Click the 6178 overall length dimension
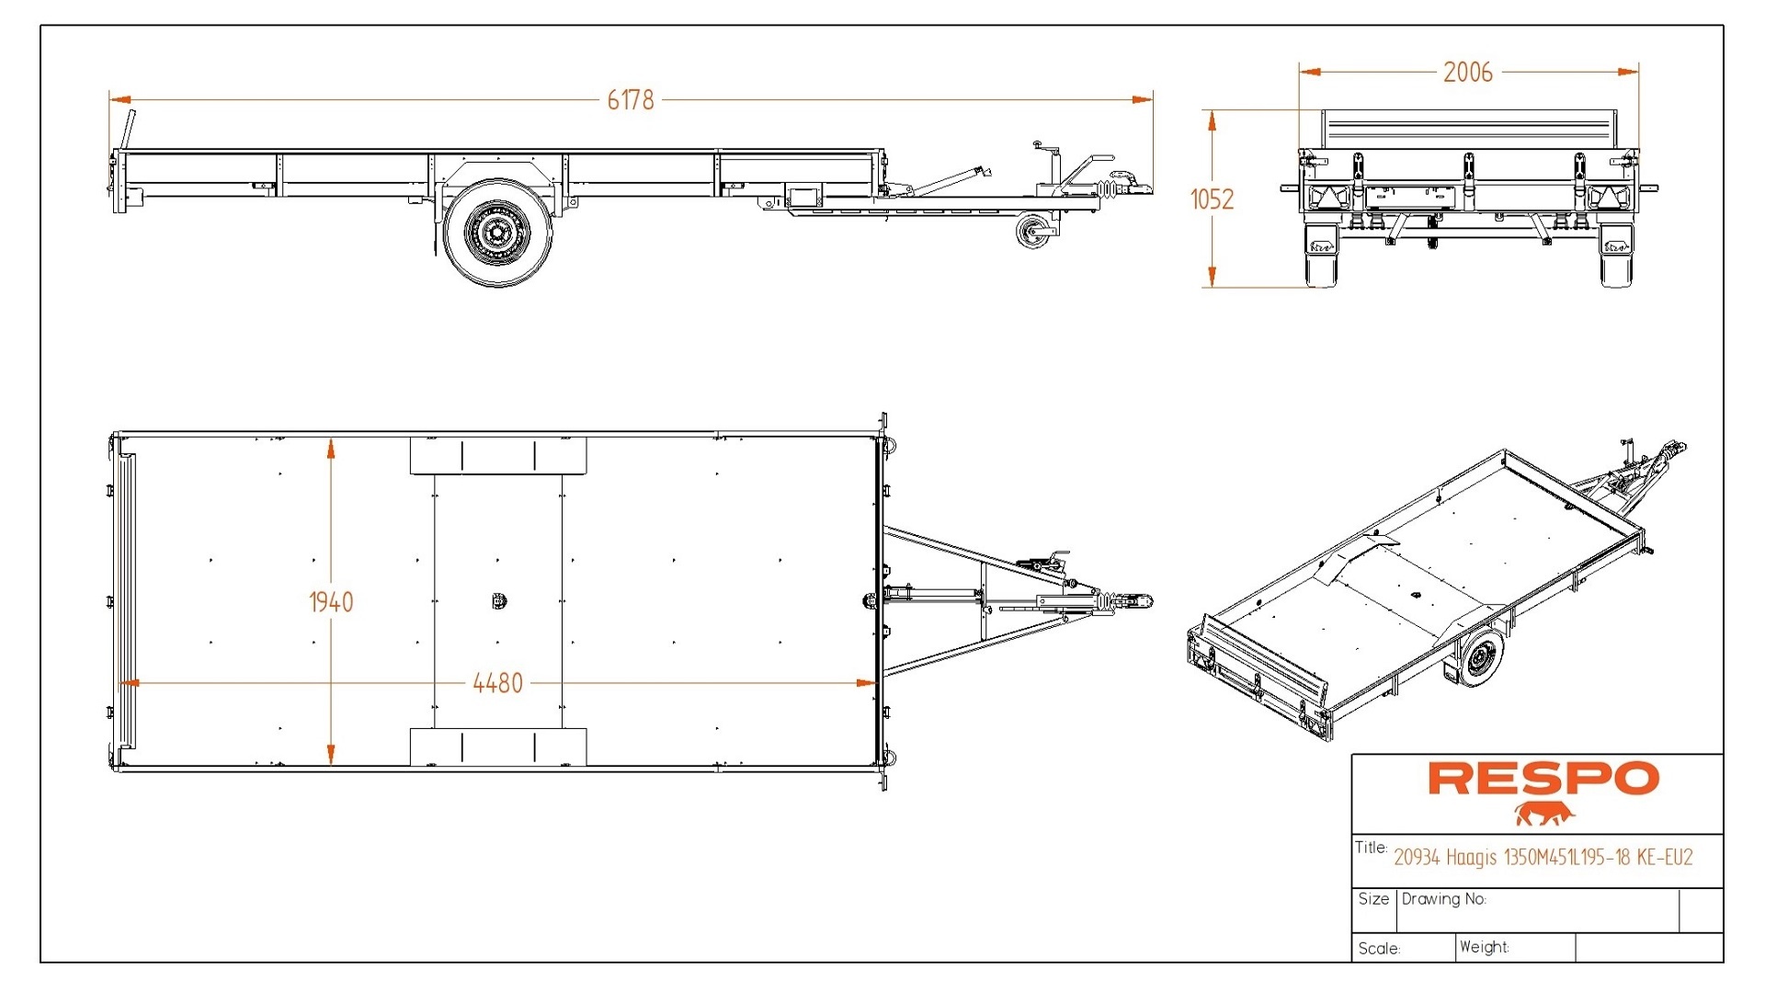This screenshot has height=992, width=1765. tap(631, 99)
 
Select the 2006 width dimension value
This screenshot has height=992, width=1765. tap(1467, 72)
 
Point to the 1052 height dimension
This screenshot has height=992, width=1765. tap(1212, 199)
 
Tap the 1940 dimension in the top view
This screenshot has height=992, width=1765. tap(331, 602)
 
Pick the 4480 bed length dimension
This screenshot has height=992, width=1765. tap(497, 683)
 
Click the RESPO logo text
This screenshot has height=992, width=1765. tap(1543, 779)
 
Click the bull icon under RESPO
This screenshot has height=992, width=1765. tap(1544, 814)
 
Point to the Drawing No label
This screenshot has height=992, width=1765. tap(1443, 899)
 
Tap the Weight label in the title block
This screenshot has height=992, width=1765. tap(1484, 947)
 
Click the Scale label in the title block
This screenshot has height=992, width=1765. tap(1379, 948)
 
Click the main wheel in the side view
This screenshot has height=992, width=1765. tap(497, 233)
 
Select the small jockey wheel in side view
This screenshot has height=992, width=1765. tap(1034, 230)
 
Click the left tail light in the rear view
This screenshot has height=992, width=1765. tap(1324, 197)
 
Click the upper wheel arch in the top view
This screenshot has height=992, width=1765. tap(497, 455)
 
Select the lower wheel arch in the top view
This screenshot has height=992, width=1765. tap(497, 747)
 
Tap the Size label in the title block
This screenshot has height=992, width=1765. tap(1373, 899)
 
